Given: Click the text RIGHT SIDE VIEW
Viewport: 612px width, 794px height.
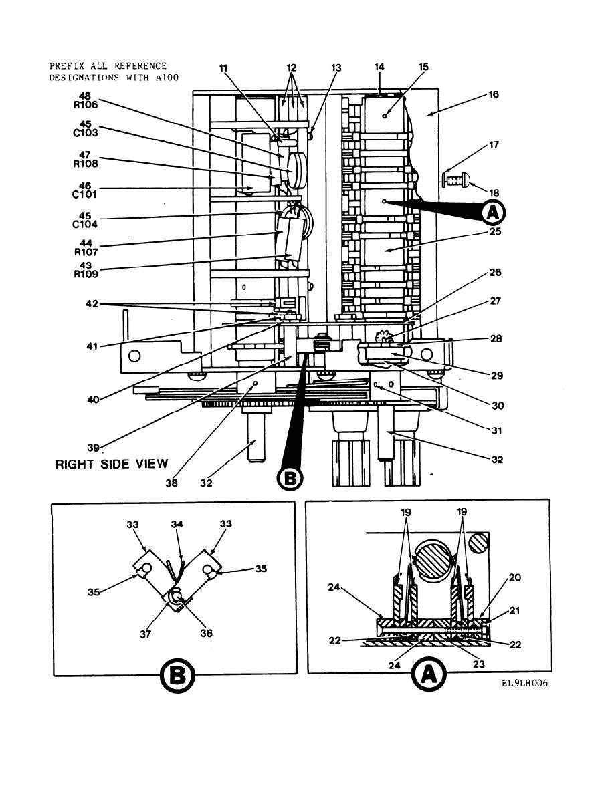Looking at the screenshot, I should (112, 464).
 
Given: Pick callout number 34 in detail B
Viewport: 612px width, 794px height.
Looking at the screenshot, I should (177, 525).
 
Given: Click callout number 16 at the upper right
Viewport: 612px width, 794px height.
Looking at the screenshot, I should (512, 94).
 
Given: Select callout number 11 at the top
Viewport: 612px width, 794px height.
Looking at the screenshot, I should (223, 68).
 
